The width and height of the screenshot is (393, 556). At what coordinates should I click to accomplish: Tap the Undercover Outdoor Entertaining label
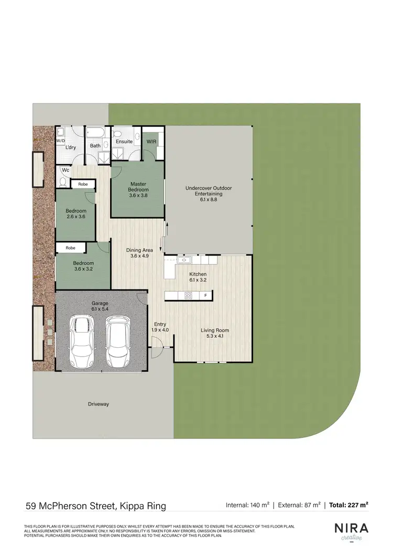(x=209, y=194)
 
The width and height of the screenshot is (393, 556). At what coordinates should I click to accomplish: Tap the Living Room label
(x=215, y=333)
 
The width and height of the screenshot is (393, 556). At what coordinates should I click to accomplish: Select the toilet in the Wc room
(x=63, y=182)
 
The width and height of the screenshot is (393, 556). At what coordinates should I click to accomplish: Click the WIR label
(x=151, y=142)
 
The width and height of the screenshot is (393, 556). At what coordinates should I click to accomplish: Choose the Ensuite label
(x=124, y=142)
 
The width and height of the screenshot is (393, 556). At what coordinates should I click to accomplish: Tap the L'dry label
(x=71, y=147)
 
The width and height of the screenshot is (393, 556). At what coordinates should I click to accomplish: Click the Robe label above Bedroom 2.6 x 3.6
(x=83, y=184)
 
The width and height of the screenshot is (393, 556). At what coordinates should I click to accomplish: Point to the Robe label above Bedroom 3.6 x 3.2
(x=70, y=248)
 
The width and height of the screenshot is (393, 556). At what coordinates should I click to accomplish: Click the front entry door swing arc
(x=156, y=350)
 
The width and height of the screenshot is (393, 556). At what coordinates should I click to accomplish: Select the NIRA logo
(x=351, y=528)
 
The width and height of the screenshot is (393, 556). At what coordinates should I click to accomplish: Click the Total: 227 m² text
(x=348, y=505)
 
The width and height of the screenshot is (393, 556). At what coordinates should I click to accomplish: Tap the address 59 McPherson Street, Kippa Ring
(x=96, y=506)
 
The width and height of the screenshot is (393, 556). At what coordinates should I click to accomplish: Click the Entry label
(x=160, y=326)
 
